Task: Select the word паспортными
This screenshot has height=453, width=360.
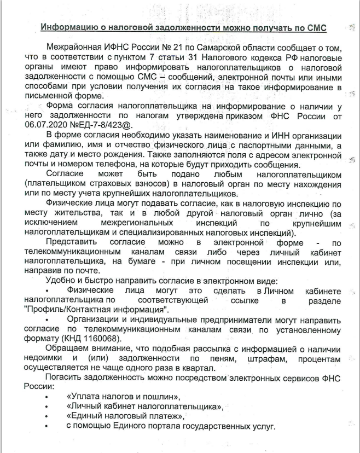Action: (272, 144)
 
